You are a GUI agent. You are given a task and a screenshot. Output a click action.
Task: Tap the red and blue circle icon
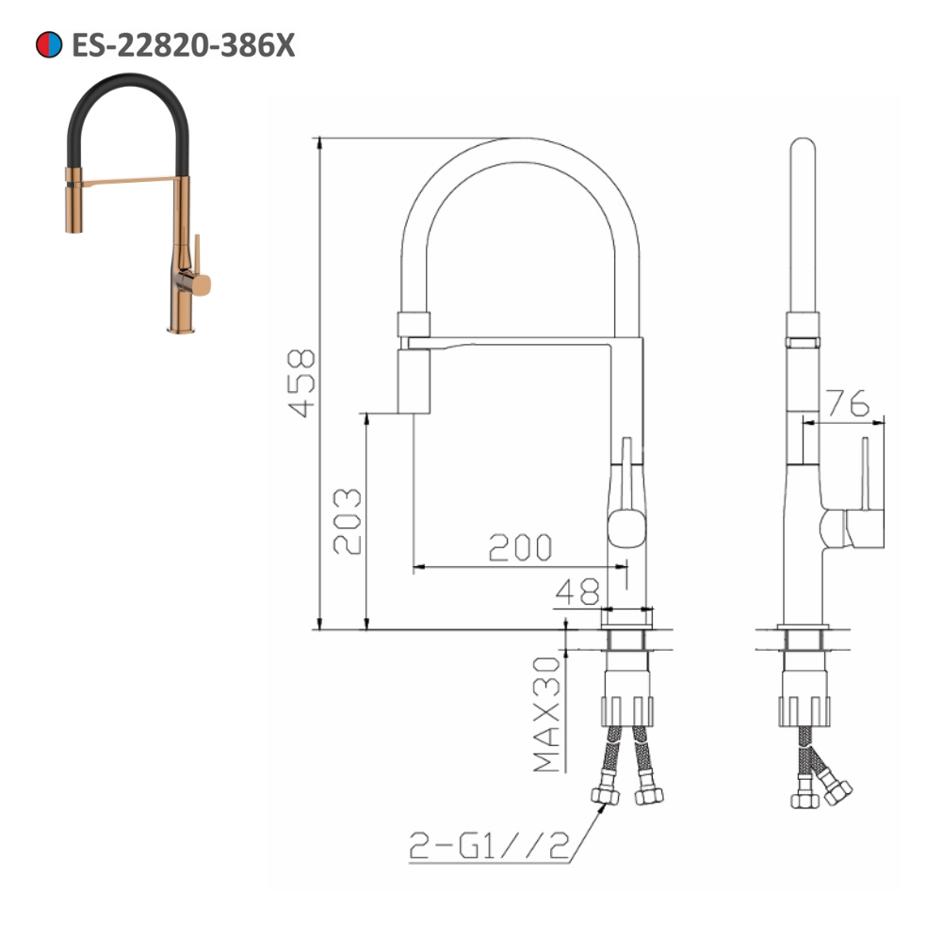pos(48,44)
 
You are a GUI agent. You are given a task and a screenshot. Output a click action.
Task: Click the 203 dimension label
pos(346,521)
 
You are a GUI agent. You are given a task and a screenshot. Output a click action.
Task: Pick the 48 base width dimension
pos(577,592)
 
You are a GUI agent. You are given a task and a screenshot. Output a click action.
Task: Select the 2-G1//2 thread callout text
pos(491,848)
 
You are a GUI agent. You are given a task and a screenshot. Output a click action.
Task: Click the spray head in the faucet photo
pos(71,203)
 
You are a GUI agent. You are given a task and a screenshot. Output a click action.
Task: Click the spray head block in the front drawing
pos(415,380)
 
